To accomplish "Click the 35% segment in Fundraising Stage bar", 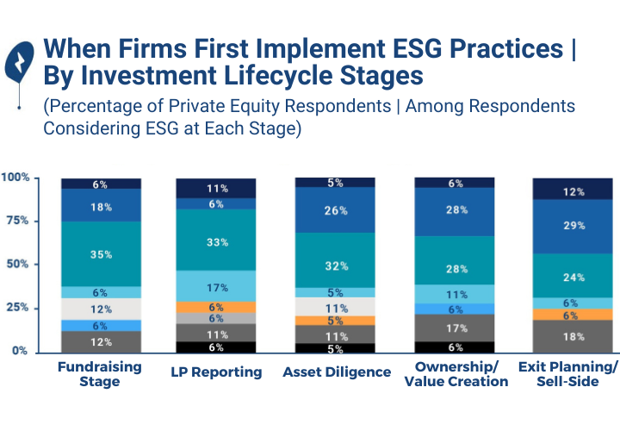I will tap(102, 254).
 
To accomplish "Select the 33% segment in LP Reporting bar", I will tap(216, 243).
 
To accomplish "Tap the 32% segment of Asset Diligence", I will tap(335, 265).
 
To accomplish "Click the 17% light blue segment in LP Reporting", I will tap(216, 286).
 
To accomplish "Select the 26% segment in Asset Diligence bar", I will tap(335, 210).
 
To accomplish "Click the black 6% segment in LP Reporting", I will tap(216, 347).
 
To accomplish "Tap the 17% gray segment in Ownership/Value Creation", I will tap(455, 328).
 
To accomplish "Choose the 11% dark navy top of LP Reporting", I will tap(216, 188).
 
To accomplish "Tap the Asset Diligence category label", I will tap(335, 372).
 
